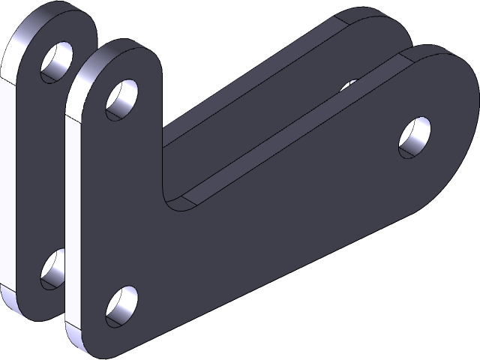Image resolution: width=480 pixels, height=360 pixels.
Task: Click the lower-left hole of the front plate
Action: [x=121, y=306]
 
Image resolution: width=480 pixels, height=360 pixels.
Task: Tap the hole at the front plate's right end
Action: [x=415, y=137]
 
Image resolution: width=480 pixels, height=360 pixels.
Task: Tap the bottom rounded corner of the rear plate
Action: [x=22, y=307]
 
